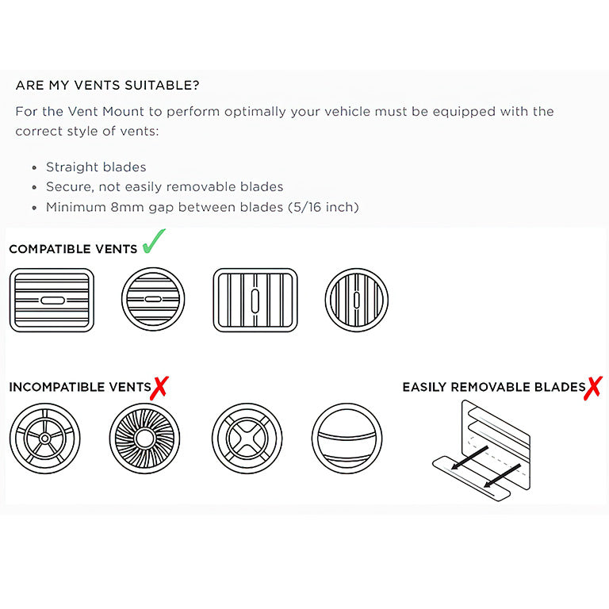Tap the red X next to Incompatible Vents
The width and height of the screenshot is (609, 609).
159,388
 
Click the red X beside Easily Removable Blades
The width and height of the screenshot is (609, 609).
593,388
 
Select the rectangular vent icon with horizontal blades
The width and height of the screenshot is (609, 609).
52,300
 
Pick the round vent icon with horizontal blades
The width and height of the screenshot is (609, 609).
153,299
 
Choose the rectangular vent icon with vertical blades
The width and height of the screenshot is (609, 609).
255,300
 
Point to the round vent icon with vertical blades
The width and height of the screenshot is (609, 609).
357,300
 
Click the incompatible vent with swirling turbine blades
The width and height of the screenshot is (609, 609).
144,439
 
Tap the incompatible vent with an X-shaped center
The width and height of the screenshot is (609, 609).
247,439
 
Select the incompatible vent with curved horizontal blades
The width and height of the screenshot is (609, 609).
347,439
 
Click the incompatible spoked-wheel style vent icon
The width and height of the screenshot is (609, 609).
44,439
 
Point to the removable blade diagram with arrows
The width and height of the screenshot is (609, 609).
481,450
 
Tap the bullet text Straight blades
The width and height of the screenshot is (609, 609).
96,167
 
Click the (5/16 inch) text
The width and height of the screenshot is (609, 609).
324,207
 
